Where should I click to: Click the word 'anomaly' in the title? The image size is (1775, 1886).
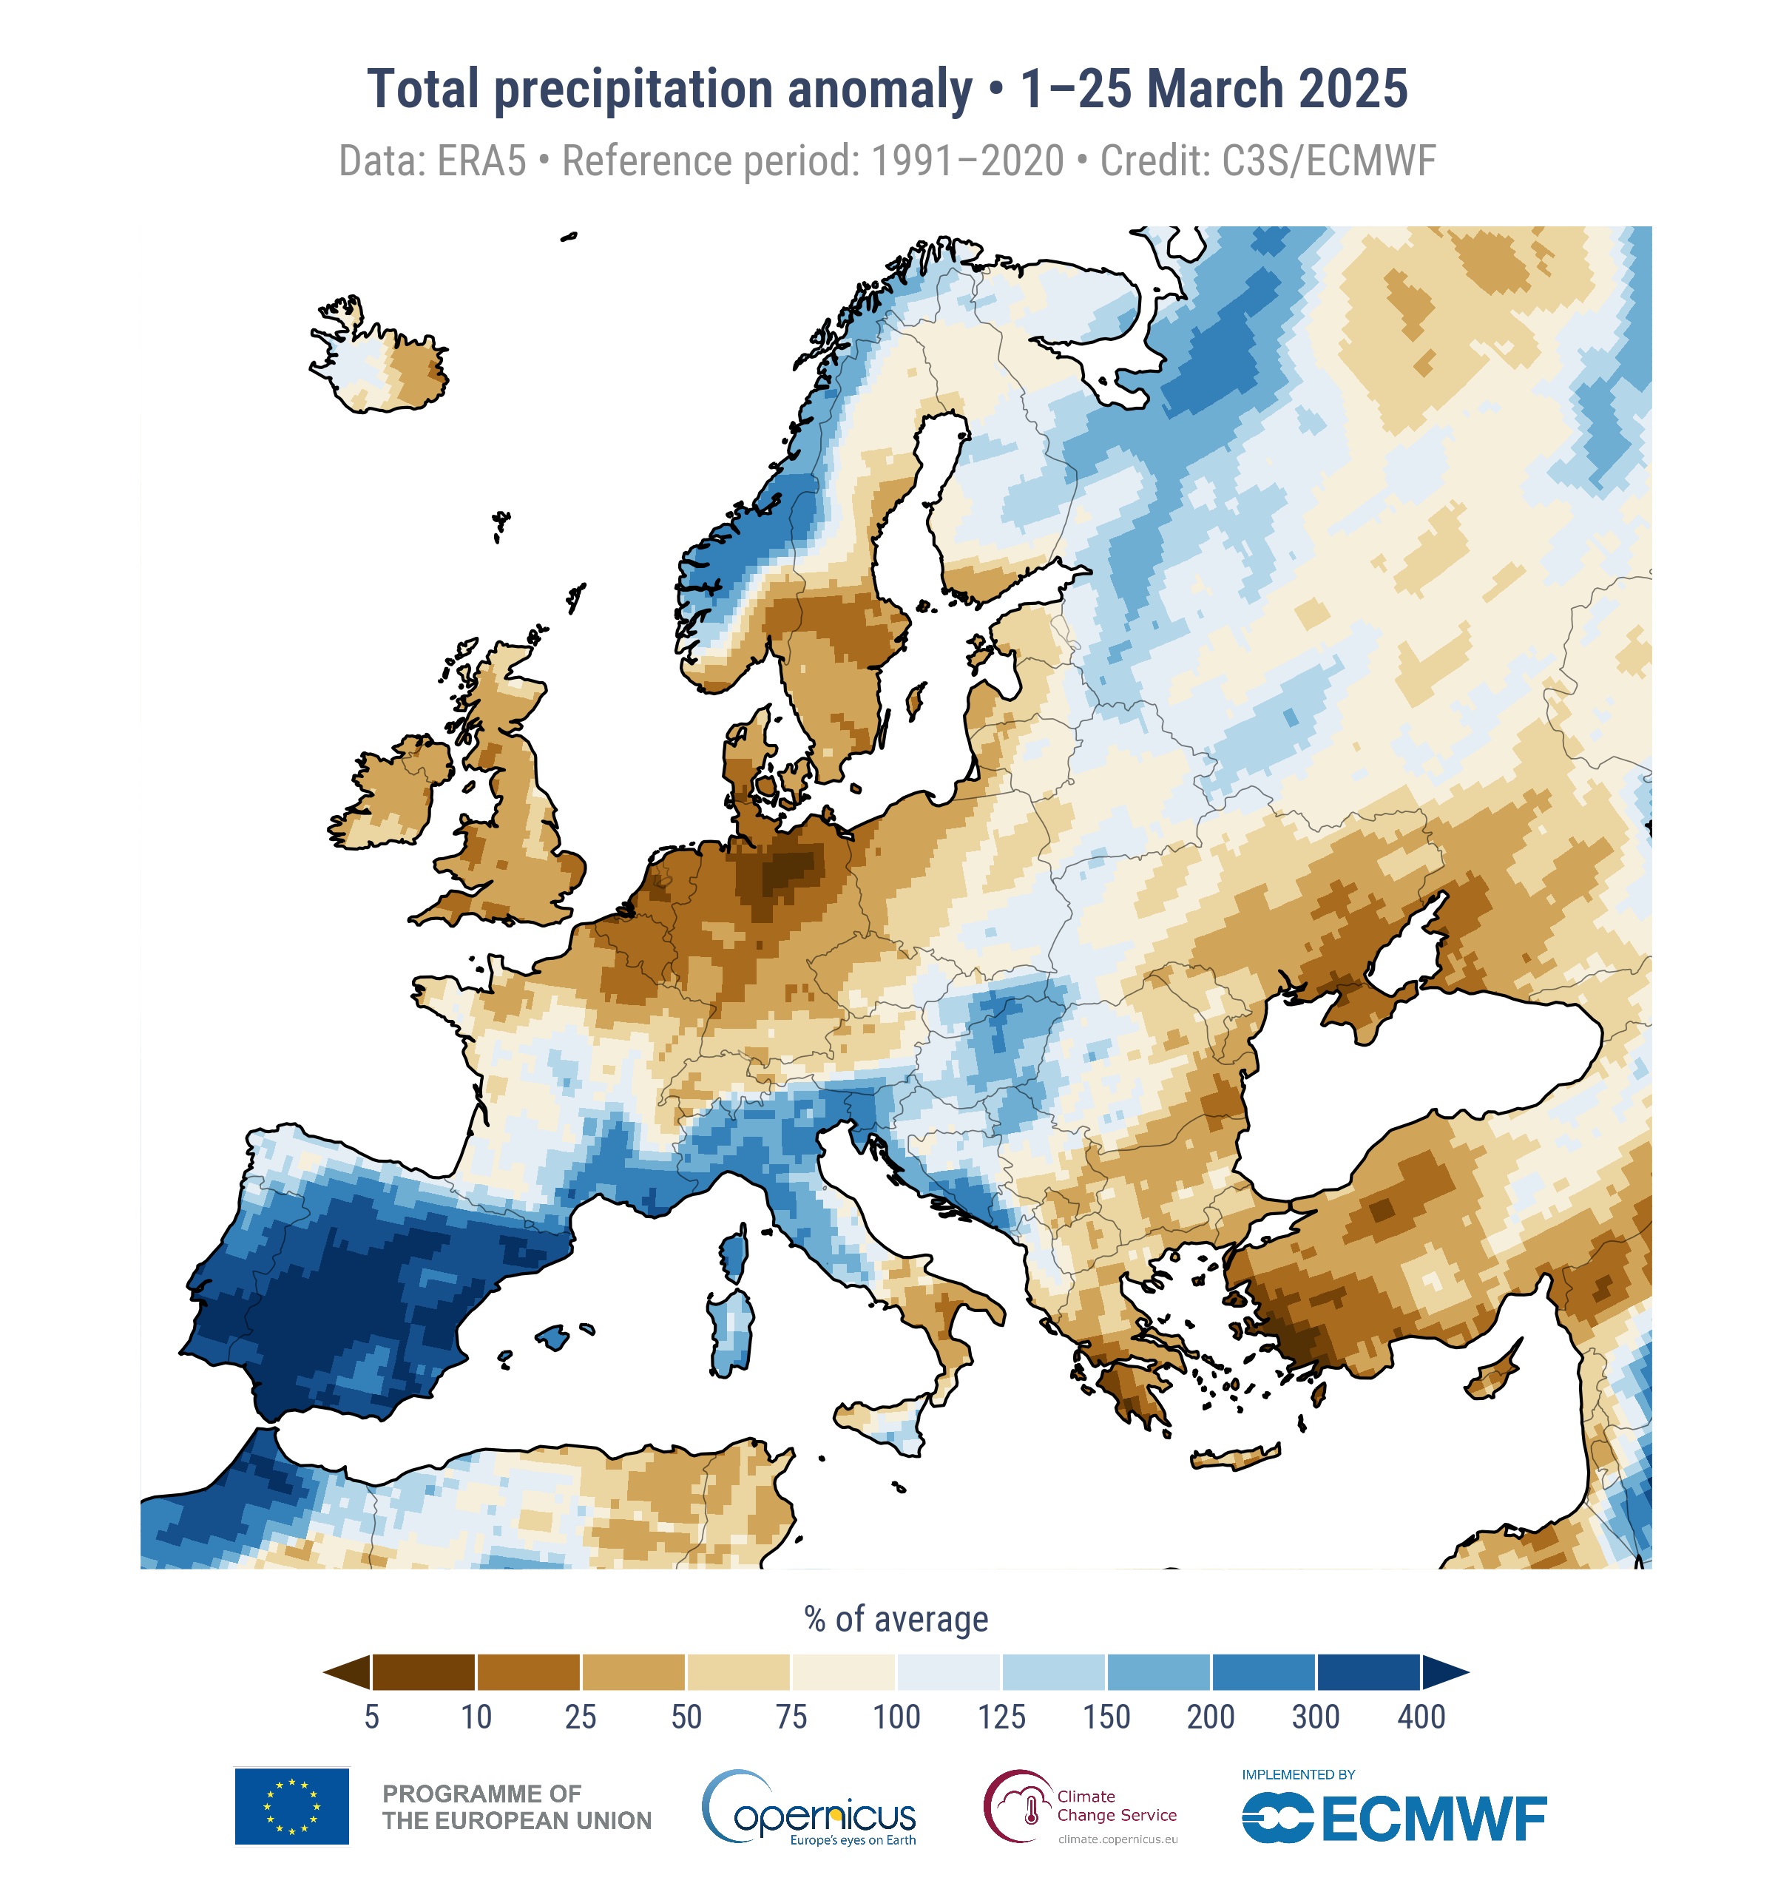(879, 90)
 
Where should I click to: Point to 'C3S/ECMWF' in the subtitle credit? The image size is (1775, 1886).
(1328, 161)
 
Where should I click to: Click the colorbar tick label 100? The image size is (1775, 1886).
(896, 1717)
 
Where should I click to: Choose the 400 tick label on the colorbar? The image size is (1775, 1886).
(1420, 1717)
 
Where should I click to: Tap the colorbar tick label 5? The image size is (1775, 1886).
(372, 1717)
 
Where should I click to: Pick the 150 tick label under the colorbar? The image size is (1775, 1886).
(1106, 1717)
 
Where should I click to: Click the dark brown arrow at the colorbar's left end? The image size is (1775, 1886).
(349, 1672)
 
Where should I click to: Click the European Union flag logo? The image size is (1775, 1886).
(291, 1806)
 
